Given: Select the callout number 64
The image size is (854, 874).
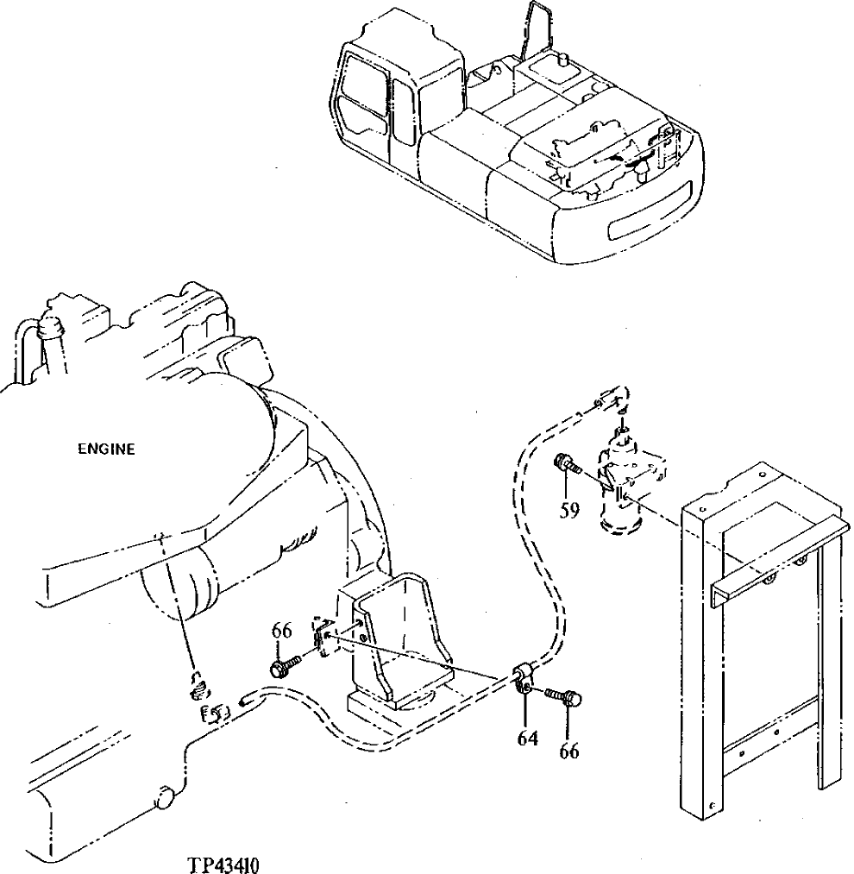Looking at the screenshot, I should point(527,738).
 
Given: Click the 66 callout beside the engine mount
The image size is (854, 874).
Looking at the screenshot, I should point(282,631).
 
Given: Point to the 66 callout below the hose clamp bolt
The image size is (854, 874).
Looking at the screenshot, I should point(568,751).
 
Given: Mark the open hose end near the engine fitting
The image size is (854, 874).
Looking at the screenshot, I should point(247,700).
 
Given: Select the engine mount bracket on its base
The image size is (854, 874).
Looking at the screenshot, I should point(397,638).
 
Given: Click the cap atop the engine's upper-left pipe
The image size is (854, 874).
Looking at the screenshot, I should point(51,326).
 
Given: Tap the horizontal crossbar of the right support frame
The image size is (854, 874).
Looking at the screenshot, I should point(776,552).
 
